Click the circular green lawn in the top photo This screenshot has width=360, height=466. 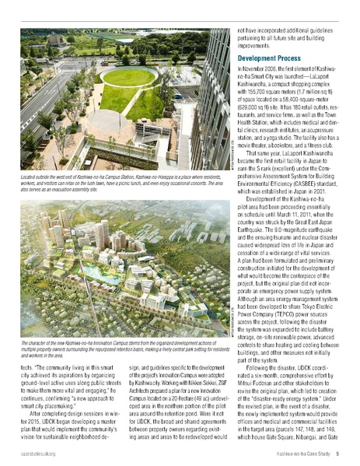129,77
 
